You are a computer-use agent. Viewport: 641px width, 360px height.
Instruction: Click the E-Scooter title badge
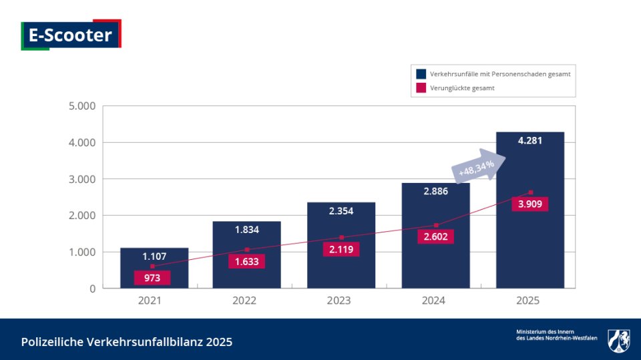click(x=71, y=34)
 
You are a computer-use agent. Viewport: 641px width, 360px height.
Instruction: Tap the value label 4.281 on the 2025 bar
click(x=529, y=141)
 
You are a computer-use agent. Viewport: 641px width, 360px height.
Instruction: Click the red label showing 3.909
click(x=529, y=204)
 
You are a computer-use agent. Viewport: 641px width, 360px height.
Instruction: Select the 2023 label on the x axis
click(x=339, y=301)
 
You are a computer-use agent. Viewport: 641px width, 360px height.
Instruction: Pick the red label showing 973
click(x=152, y=278)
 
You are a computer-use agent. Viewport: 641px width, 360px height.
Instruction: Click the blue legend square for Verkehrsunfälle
click(x=421, y=74)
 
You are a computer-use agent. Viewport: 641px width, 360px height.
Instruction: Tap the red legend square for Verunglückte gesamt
click(x=421, y=87)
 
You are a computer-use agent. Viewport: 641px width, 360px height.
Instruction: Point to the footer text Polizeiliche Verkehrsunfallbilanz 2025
click(x=127, y=342)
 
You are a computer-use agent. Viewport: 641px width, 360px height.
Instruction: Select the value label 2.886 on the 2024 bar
click(x=435, y=192)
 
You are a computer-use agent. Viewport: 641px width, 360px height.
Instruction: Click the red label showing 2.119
click(x=341, y=249)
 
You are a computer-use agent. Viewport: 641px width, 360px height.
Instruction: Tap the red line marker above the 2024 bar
click(x=436, y=225)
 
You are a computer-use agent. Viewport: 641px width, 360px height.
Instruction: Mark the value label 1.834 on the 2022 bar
click(x=246, y=230)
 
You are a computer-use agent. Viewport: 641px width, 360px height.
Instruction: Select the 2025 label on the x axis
click(x=527, y=301)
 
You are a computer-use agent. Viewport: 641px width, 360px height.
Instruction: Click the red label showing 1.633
click(x=246, y=262)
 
